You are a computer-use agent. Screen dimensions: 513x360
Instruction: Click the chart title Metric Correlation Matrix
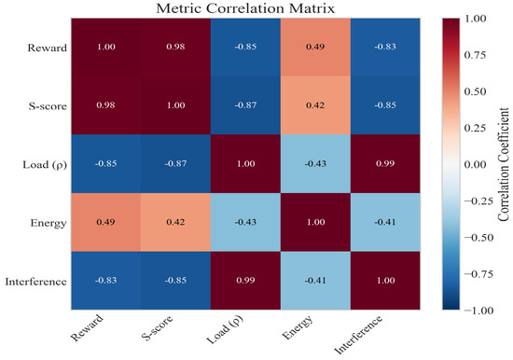pyautogui.click(x=245, y=8)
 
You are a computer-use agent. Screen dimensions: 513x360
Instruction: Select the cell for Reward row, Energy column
pyautogui.click(x=315, y=48)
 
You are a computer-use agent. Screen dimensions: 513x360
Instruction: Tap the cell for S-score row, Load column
pyautogui.click(x=245, y=105)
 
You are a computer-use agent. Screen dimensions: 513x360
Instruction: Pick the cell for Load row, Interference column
pyautogui.click(x=385, y=163)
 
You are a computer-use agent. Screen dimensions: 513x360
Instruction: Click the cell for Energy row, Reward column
pyautogui.click(x=105, y=222)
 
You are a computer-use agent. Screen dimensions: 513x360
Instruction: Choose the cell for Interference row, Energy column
pyautogui.click(x=315, y=281)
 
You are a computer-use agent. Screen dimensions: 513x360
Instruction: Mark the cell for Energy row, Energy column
pyautogui.click(x=315, y=222)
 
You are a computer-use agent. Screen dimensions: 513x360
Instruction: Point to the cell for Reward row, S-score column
pyautogui.click(x=175, y=48)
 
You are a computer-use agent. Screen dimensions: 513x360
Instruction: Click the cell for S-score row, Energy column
pyautogui.click(x=315, y=105)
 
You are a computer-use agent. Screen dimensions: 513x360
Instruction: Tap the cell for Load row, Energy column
pyautogui.click(x=315, y=163)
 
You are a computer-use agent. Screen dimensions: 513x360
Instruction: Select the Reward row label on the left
pyautogui.click(x=48, y=48)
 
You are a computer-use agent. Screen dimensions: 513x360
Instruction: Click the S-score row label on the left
pyautogui.click(x=48, y=106)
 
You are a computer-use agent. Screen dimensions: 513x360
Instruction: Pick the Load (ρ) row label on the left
pyautogui.click(x=45, y=165)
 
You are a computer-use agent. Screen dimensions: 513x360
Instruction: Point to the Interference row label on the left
pyautogui.click(x=36, y=282)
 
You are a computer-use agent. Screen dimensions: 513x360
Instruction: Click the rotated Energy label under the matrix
pyautogui.click(x=297, y=327)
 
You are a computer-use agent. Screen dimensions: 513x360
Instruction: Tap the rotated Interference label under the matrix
pyautogui.click(x=358, y=335)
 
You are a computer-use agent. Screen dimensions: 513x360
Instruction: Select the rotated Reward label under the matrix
pyautogui.click(x=87, y=328)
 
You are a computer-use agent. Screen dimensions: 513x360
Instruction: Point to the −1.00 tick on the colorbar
pyautogui.click(x=478, y=311)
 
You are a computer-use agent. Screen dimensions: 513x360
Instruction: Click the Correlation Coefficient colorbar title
pyautogui.click(x=504, y=164)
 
